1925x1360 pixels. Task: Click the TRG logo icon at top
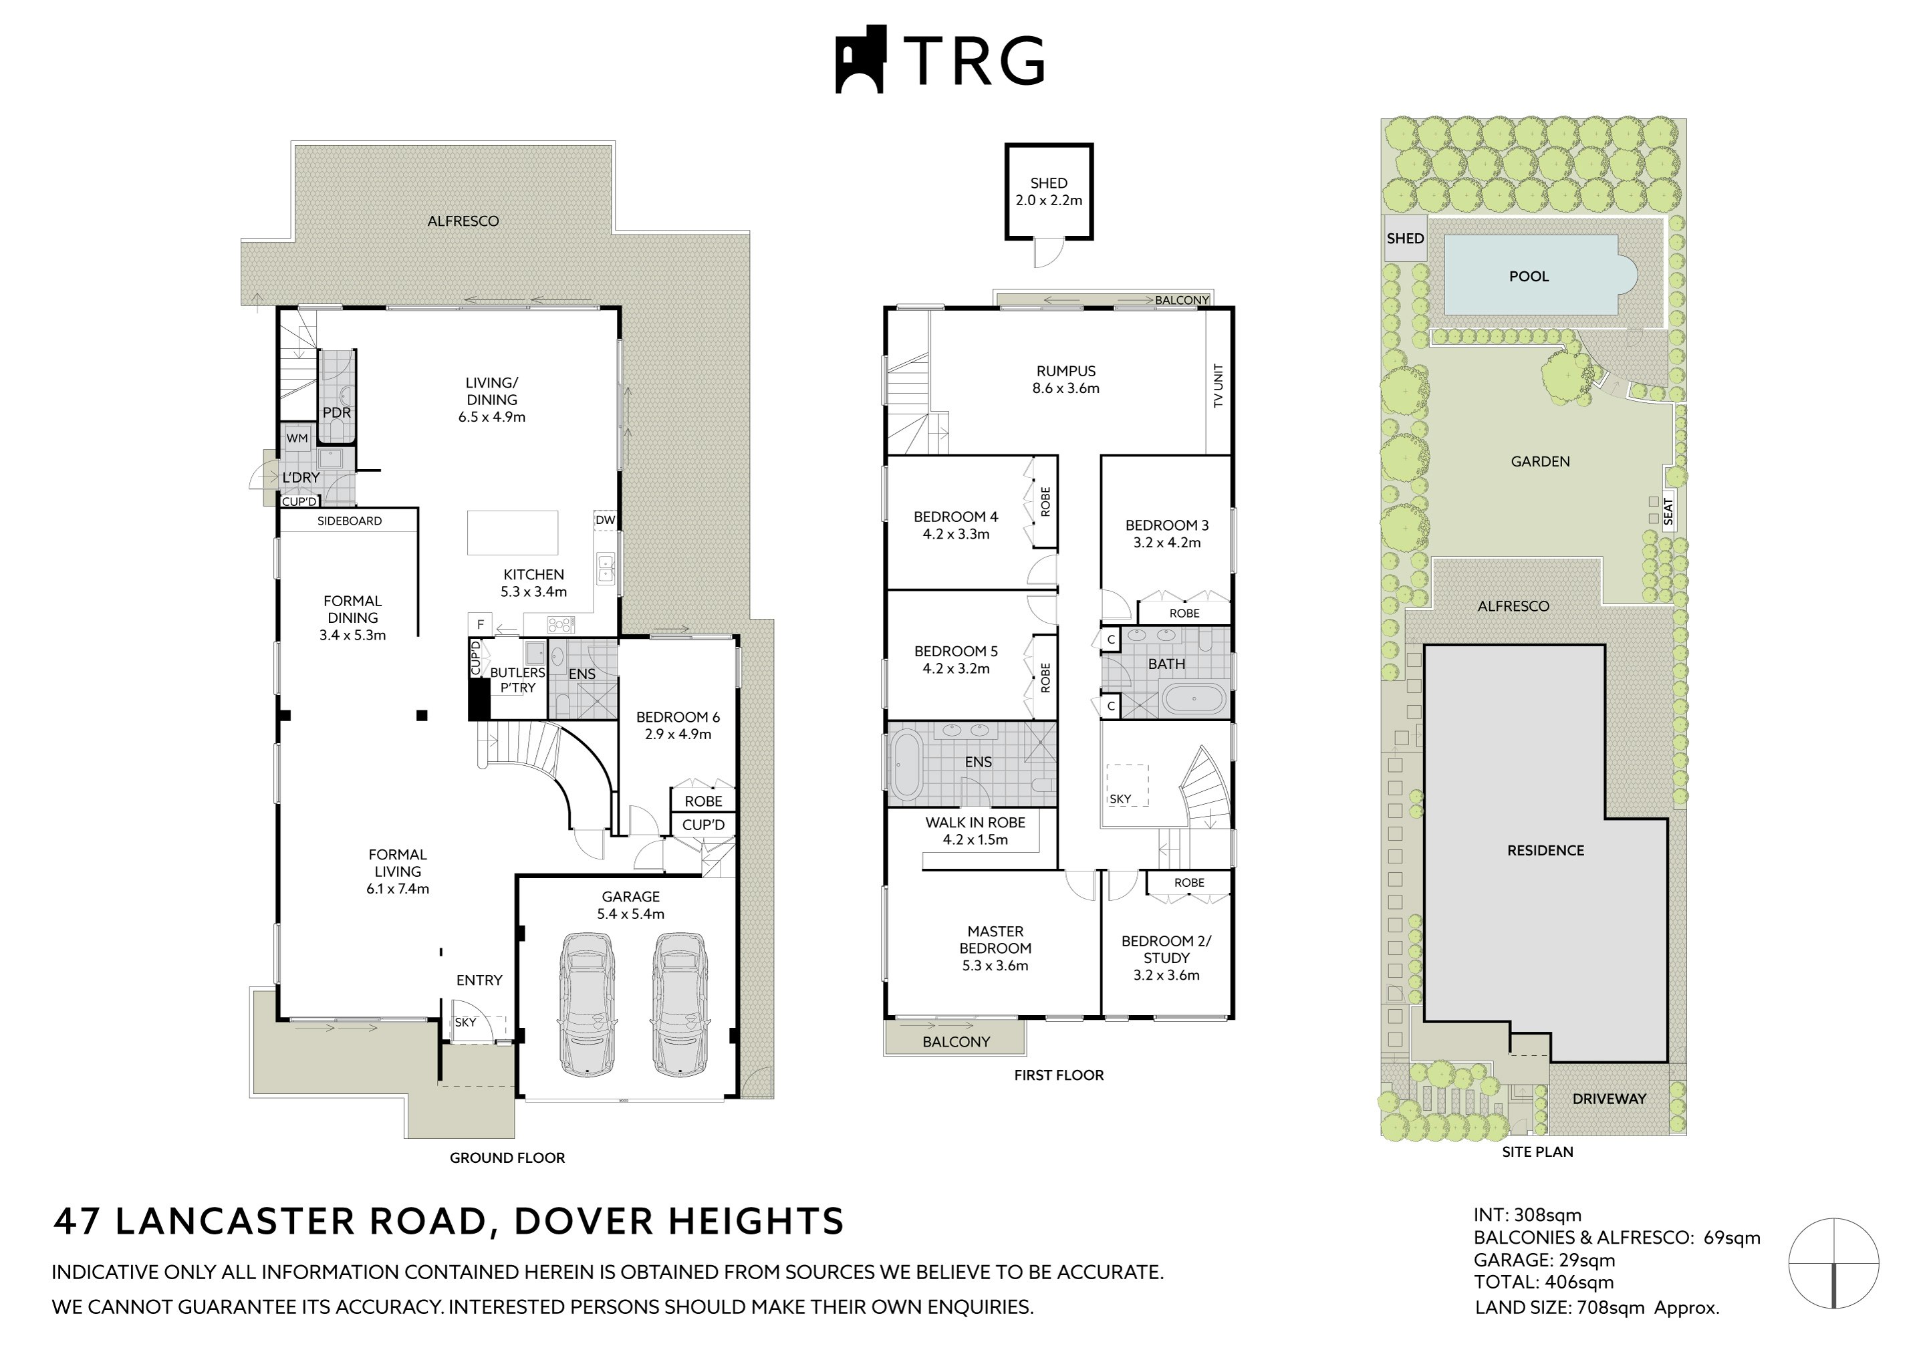[860, 59]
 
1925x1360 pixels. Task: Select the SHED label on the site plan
[1405, 238]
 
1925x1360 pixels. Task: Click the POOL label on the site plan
[1529, 276]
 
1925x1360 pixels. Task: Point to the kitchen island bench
[512, 533]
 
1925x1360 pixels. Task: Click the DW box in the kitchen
[606, 520]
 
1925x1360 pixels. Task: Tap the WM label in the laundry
[297, 438]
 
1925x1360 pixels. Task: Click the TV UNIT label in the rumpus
[1218, 386]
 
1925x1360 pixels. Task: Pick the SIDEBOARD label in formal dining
[350, 521]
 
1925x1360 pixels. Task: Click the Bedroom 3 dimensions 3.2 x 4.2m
[1167, 543]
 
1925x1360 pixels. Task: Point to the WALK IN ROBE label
[975, 823]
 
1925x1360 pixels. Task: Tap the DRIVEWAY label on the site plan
[1609, 1099]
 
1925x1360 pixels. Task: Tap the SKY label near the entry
[465, 1022]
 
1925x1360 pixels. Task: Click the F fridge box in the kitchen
[481, 625]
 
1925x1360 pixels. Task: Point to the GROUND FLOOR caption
[507, 1158]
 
